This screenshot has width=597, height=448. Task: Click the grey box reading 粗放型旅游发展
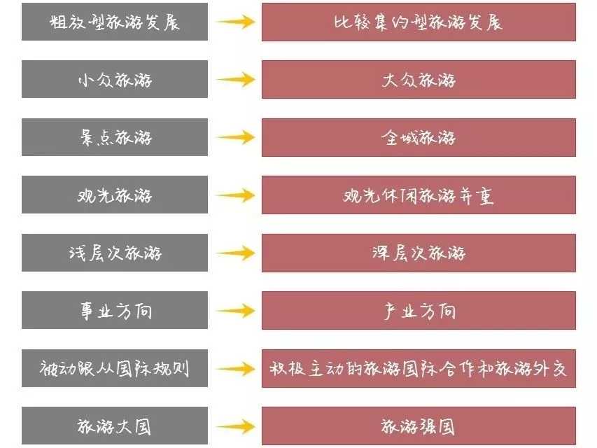(115, 22)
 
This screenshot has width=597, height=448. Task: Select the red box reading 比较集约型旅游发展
(419, 22)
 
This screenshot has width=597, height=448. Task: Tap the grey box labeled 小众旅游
(115, 79)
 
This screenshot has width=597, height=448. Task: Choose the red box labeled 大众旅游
(419, 80)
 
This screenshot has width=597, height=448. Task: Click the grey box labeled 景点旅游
(115, 137)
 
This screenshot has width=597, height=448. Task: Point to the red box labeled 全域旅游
(419, 137)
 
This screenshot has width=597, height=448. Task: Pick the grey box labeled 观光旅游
(115, 195)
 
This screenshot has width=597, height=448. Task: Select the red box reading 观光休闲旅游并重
(419, 195)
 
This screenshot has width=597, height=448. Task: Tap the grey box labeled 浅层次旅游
(115, 253)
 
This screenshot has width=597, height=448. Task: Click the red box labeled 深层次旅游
(419, 253)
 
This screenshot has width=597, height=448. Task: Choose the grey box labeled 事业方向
(115, 310)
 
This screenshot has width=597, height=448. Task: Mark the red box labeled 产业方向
(419, 311)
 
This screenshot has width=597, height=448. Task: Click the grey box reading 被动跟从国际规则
(115, 368)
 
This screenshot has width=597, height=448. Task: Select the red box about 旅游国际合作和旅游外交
(419, 368)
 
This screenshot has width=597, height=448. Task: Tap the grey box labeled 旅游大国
(115, 426)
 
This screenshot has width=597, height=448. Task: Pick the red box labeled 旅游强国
(419, 426)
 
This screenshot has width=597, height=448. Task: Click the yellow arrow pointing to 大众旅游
(236, 80)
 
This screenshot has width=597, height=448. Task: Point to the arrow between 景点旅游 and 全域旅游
(236, 137)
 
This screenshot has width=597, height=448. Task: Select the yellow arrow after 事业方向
(236, 311)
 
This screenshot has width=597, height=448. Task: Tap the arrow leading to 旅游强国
(236, 426)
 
